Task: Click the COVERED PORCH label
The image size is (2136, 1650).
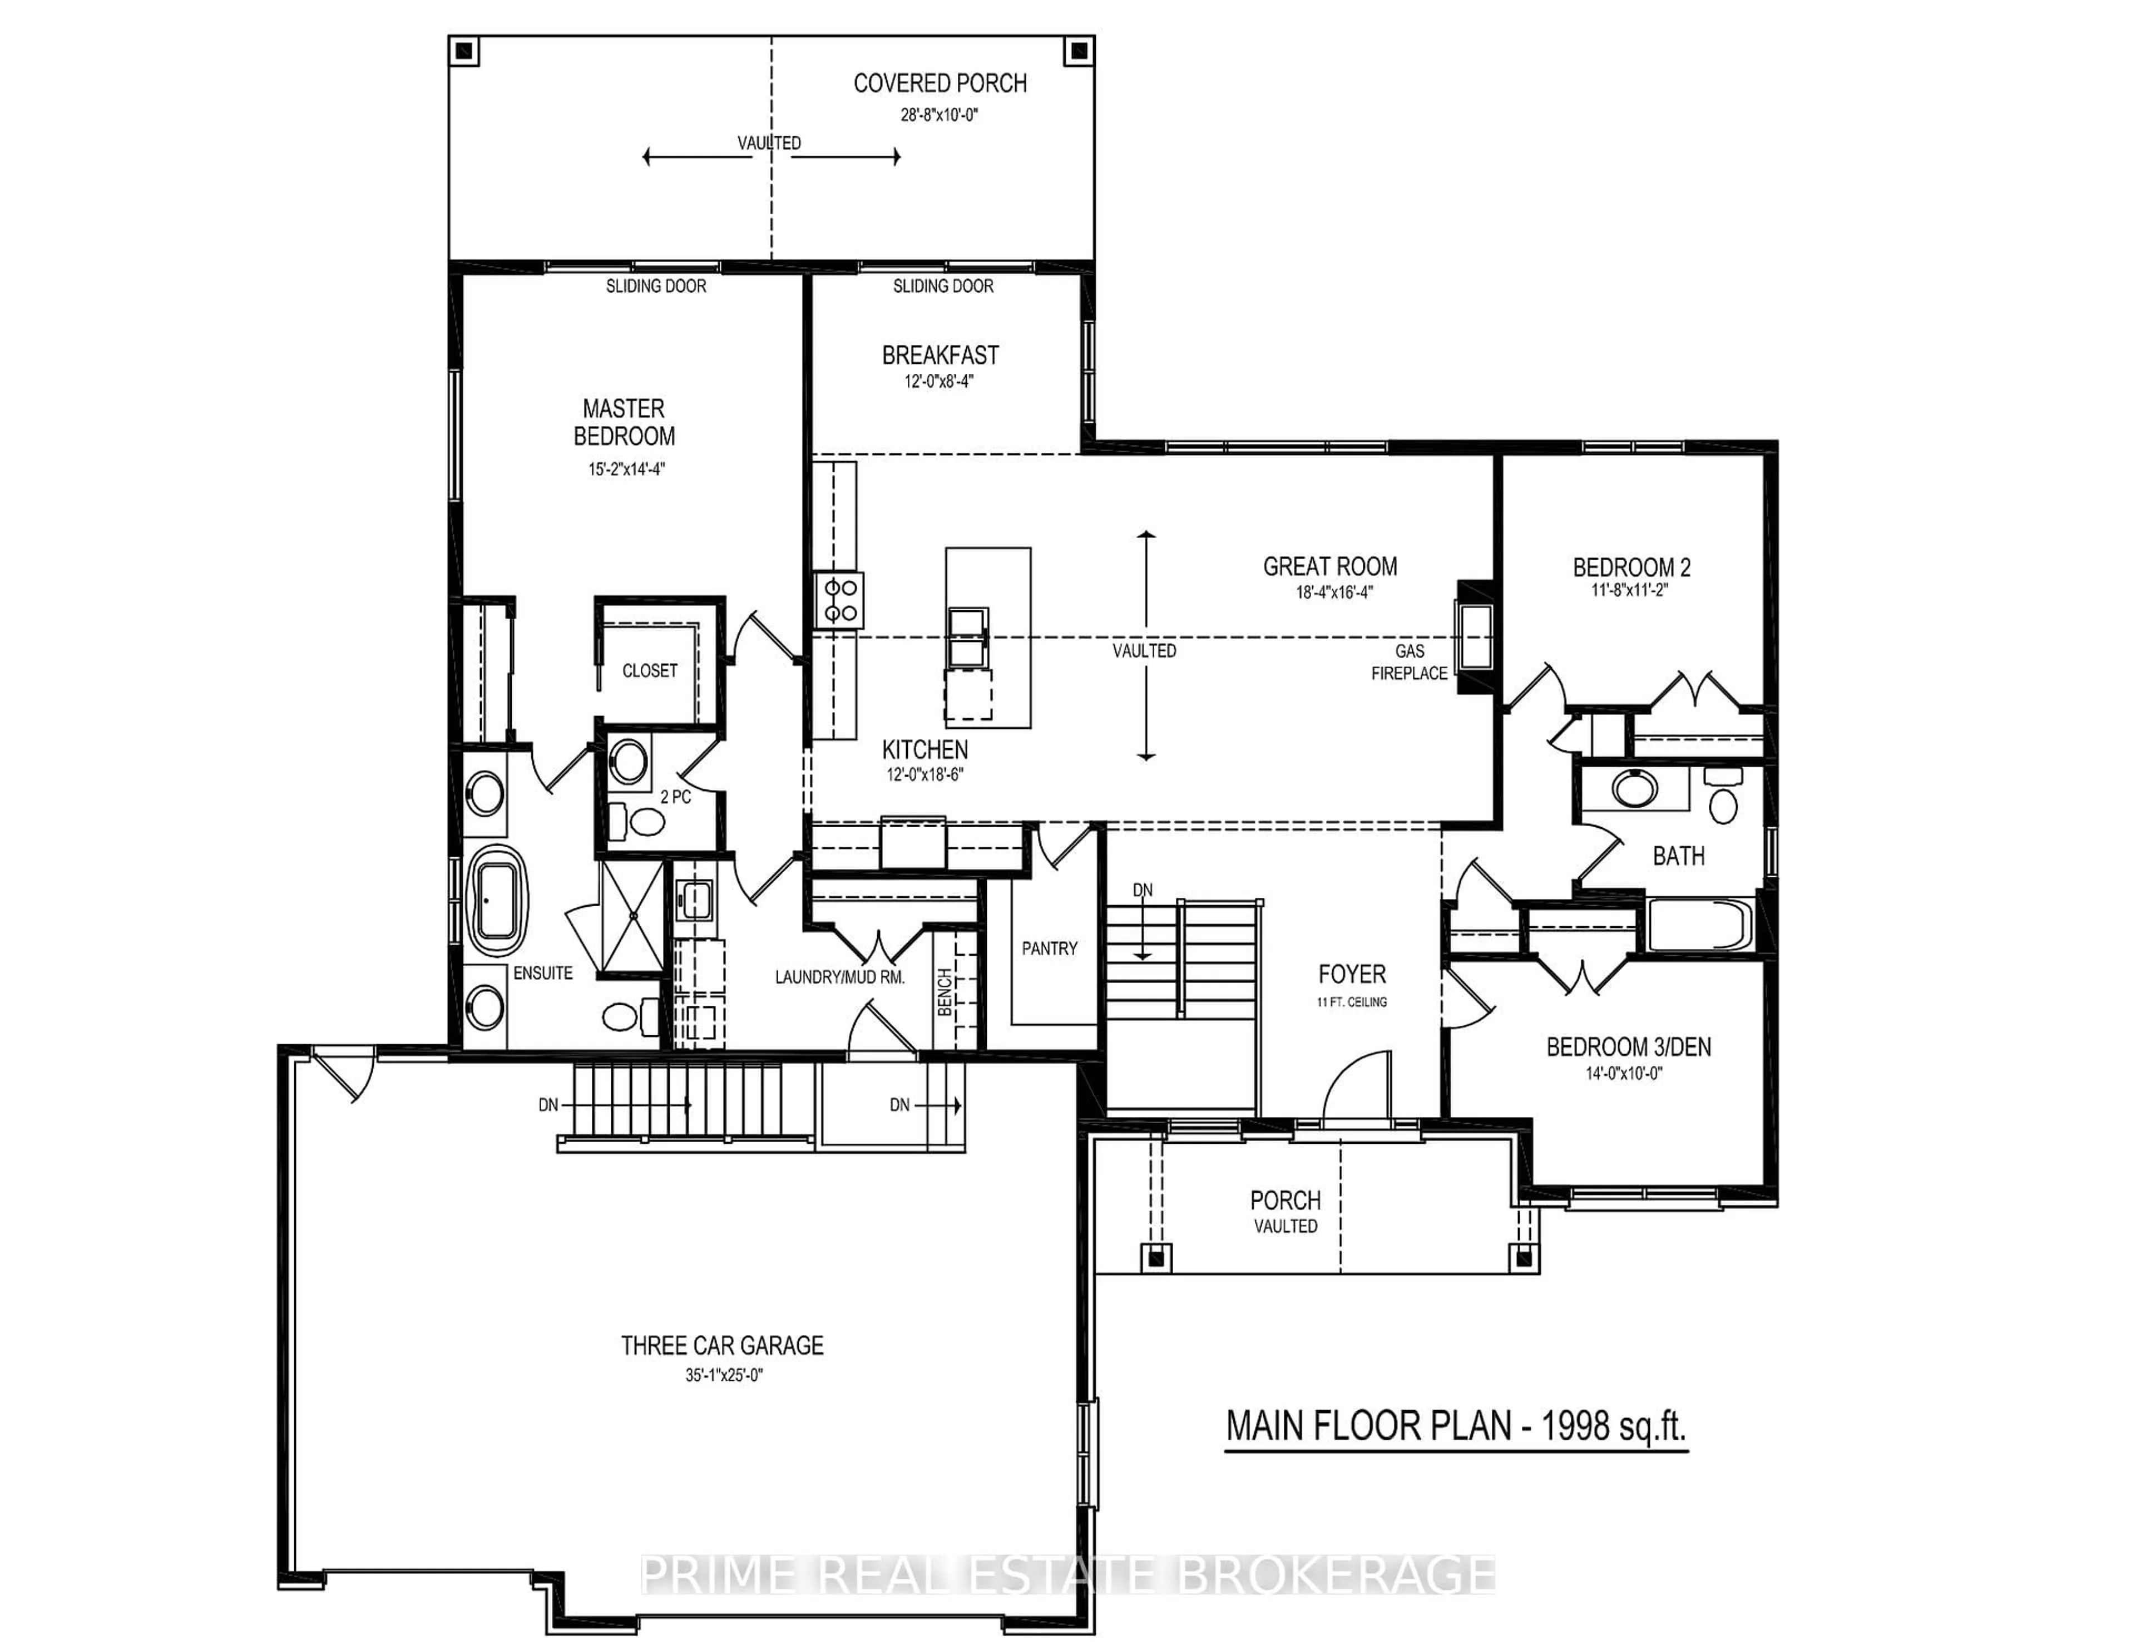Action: (940, 84)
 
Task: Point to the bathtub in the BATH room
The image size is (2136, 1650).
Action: (1699, 924)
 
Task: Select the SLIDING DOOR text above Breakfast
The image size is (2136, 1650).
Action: (943, 285)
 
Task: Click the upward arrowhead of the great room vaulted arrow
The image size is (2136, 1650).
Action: (1146, 535)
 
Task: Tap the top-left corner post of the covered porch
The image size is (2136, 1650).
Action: (464, 51)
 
